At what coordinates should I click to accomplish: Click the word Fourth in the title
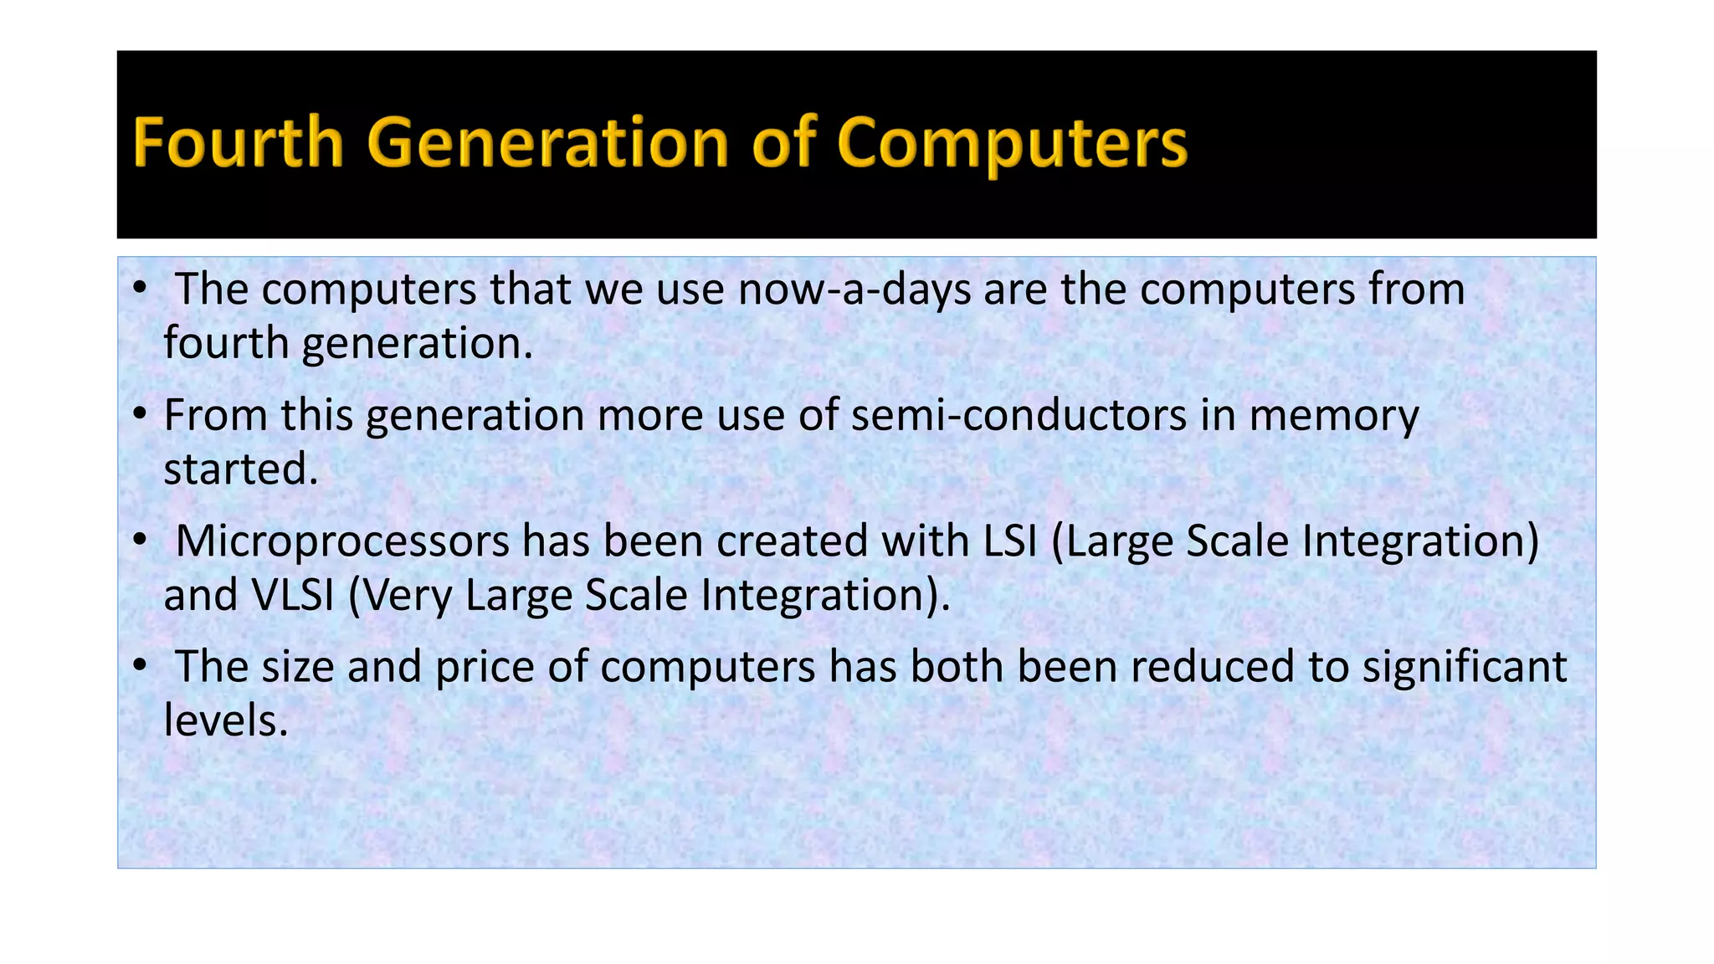[238, 143]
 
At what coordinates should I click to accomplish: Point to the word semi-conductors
[1019, 416]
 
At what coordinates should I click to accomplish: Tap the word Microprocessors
[342, 541]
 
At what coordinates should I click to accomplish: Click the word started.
[241, 469]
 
